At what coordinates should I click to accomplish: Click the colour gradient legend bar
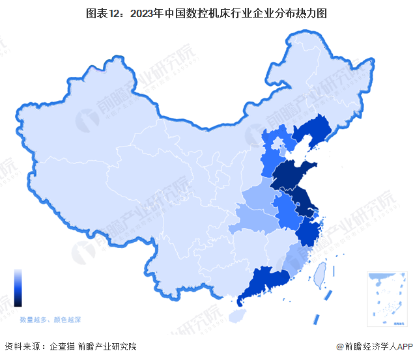(x=18, y=288)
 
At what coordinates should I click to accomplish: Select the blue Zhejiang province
(x=308, y=231)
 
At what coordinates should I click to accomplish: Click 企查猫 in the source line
(x=62, y=347)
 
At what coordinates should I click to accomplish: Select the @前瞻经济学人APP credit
(x=371, y=347)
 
